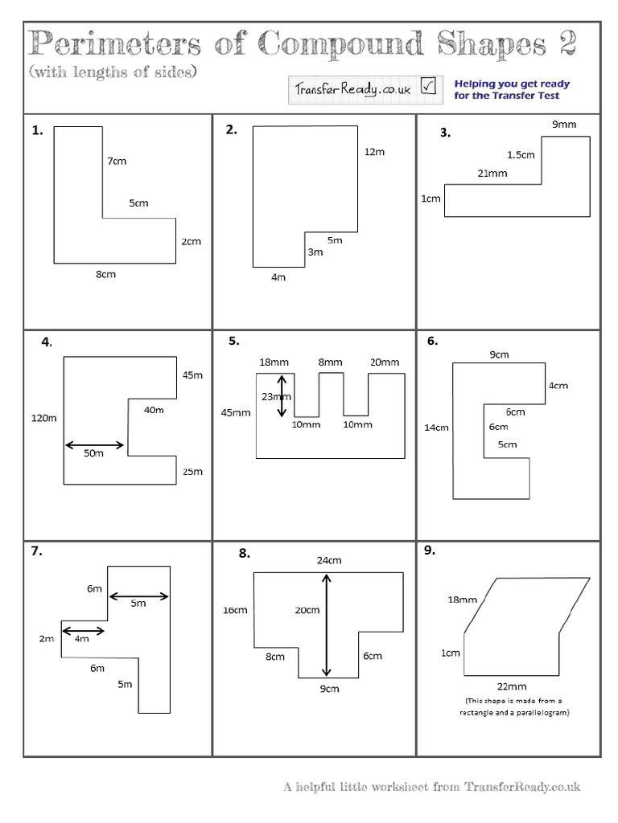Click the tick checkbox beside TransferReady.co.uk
point(428,88)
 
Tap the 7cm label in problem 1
point(117,162)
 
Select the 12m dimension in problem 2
point(374,152)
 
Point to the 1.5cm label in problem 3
point(521,154)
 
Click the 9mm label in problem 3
point(563,125)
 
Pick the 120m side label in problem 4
point(44,418)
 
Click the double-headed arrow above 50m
point(94,444)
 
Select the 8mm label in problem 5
point(330,362)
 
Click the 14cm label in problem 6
point(436,428)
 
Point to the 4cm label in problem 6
point(558,386)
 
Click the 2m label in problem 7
point(46,639)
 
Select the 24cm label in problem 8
point(328,560)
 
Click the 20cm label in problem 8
point(307,610)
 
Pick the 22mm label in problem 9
point(512,686)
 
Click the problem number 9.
point(429,551)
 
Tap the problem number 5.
point(233,341)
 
